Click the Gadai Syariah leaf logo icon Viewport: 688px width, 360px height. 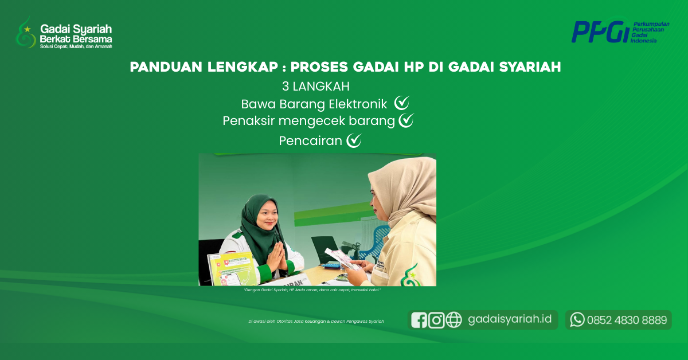click(26, 33)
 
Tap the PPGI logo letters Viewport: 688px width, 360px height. click(599, 32)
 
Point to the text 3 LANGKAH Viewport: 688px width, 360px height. click(315, 86)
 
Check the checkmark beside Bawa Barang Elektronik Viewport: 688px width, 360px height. click(401, 103)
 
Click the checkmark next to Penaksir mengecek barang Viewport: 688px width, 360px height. click(406, 120)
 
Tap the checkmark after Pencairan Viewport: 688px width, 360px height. click(354, 140)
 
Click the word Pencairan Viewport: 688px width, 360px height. click(310, 140)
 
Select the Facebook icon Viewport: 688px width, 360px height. click(419, 320)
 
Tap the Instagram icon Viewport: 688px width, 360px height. click(436, 320)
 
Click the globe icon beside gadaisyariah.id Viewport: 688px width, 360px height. click(454, 320)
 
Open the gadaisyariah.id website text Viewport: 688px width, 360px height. click(510, 319)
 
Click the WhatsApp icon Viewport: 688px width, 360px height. click(577, 320)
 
